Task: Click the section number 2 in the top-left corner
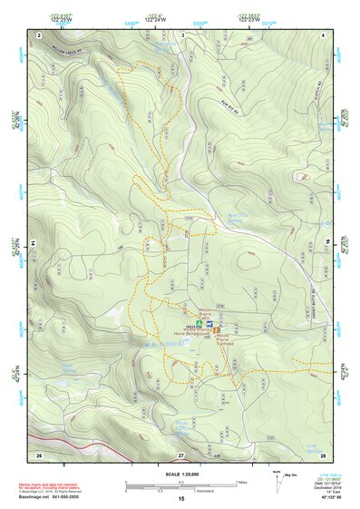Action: pyautogui.click(x=40, y=34)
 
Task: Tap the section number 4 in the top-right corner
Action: pyautogui.click(x=324, y=34)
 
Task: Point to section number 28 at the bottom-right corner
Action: pyautogui.click(x=323, y=454)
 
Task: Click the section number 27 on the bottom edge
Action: pyautogui.click(x=181, y=454)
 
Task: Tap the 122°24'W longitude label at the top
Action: pyautogui.click(x=156, y=17)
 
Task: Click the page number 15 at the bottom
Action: pyautogui.click(x=181, y=498)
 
